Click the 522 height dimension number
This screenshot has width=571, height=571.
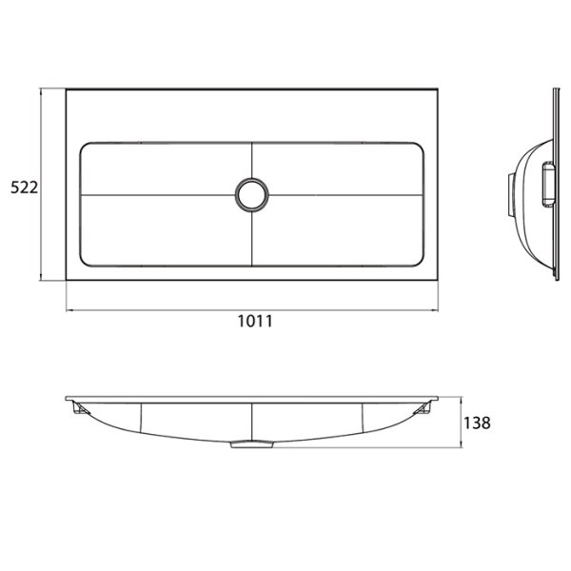coord(23,187)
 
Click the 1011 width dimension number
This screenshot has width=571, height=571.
coord(255,322)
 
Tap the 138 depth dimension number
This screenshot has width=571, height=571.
coord(479,423)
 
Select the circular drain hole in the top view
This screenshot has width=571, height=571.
coord(252,194)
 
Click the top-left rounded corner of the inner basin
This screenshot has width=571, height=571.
coord(87,148)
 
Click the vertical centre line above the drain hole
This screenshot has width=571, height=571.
coord(252,160)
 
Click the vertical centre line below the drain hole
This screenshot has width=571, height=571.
coord(252,238)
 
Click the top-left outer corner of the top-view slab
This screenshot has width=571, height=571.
coord(66,90)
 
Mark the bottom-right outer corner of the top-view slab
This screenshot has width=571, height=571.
coord(438,282)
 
